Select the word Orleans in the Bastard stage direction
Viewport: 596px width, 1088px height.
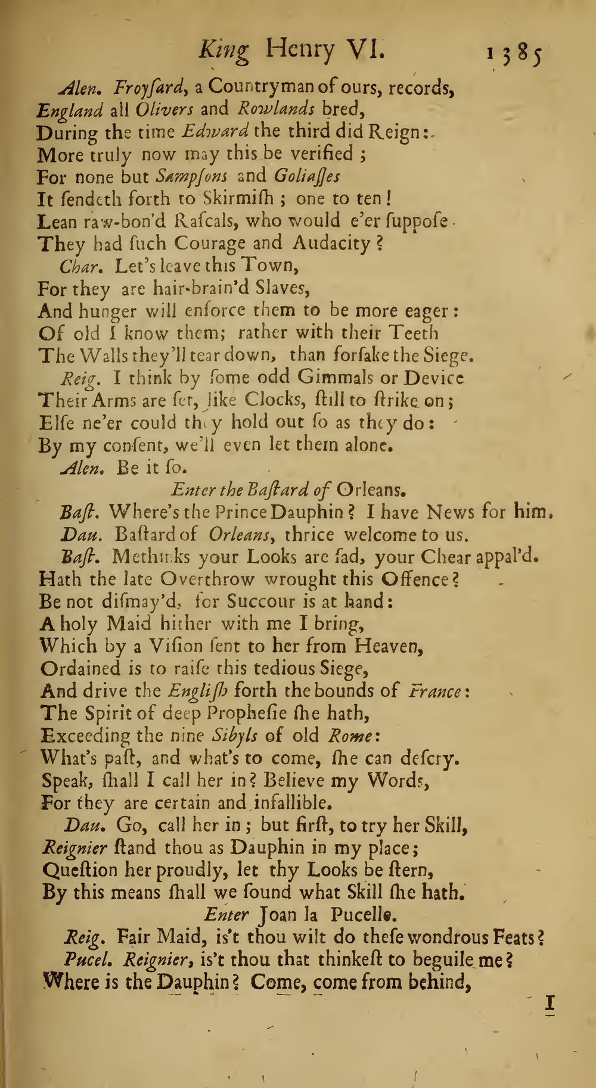point(371,490)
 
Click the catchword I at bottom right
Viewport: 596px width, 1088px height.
point(550,1004)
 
